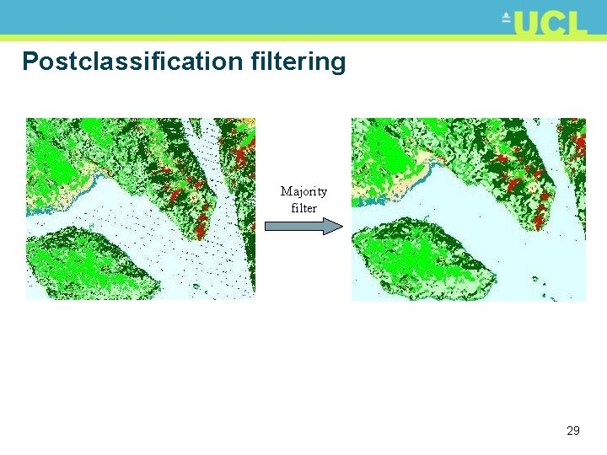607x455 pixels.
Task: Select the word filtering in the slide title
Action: coord(298,62)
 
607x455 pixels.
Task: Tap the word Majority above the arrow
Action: coord(303,191)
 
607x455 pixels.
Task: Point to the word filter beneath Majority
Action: coord(303,207)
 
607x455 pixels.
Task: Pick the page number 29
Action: coord(573,431)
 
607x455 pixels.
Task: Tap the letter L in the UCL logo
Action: coord(575,23)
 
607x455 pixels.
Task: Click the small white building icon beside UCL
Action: coord(507,16)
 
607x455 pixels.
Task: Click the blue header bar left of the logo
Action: coord(253,17)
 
